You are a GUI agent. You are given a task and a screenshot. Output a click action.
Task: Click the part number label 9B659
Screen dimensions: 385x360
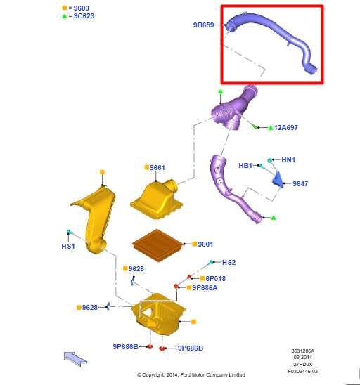click(203, 25)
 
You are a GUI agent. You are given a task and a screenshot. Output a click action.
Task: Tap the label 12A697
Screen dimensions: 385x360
click(286, 127)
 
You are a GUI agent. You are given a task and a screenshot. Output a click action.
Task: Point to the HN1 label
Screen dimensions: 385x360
click(288, 160)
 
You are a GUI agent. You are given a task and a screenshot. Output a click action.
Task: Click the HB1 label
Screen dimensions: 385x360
click(245, 165)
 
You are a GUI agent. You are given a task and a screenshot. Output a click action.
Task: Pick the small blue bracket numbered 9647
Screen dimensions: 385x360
click(279, 180)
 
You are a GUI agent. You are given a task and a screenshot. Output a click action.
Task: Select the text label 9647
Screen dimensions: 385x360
click(300, 183)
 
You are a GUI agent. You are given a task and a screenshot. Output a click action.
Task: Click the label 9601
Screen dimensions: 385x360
click(205, 244)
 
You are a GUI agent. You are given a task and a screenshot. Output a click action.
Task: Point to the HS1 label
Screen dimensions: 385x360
click(68, 247)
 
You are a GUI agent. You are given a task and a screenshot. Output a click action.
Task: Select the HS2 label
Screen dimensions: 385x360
click(229, 262)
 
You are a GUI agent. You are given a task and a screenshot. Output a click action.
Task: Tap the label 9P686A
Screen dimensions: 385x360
click(205, 287)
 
